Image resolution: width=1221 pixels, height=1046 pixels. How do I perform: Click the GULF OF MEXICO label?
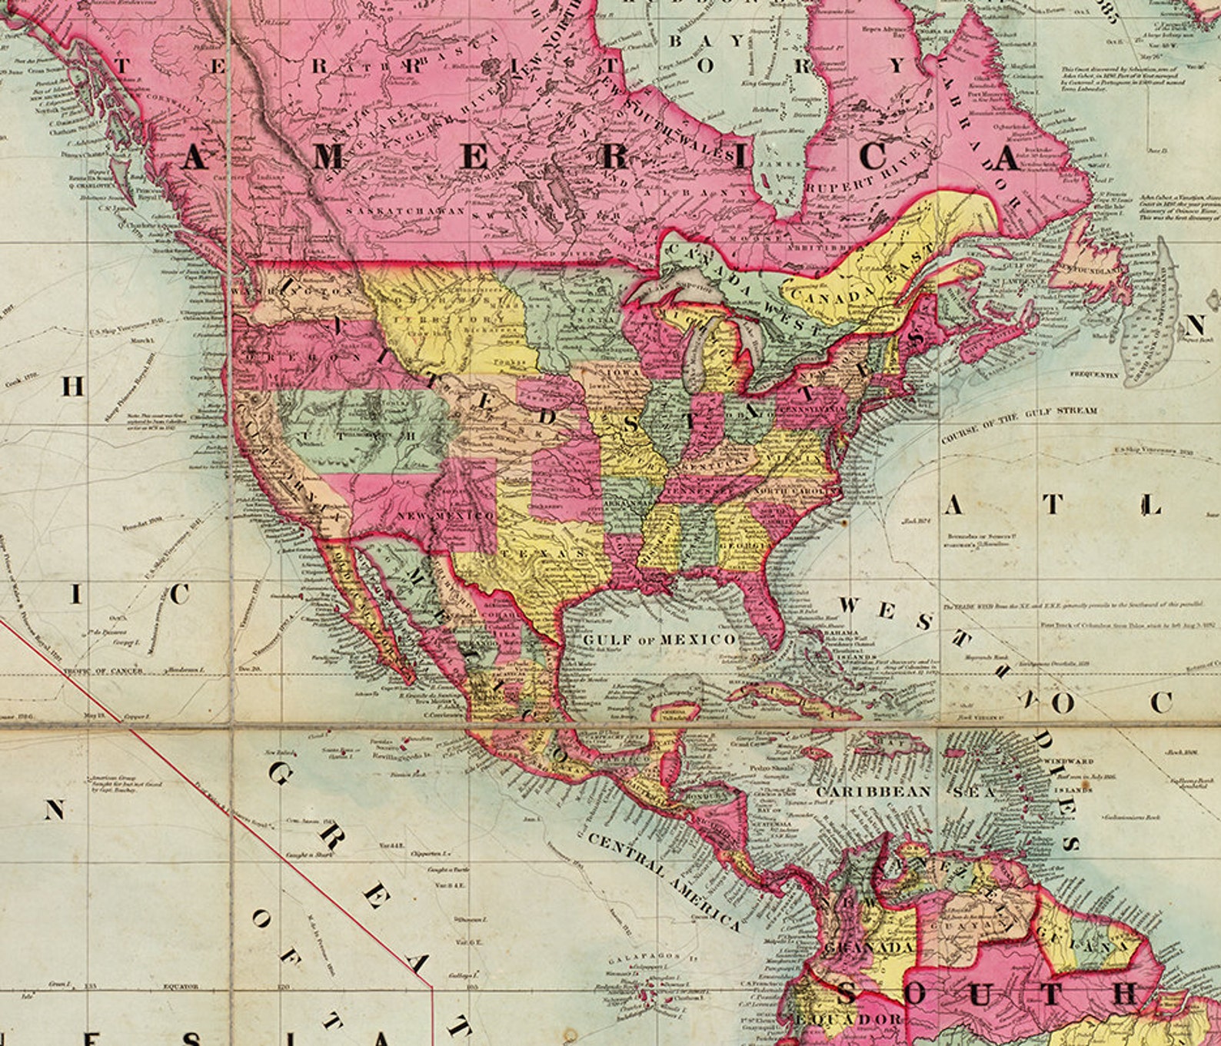(x=658, y=639)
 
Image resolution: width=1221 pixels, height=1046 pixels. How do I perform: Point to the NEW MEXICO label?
(x=444, y=514)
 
